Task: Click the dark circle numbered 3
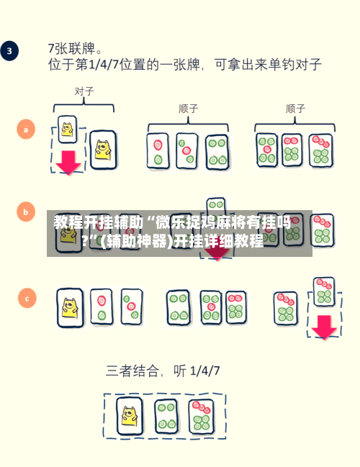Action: (x=9, y=50)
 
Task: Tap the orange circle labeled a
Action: (x=26, y=130)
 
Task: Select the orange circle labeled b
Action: (x=26, y=212)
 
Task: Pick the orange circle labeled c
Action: (x=27, y=298)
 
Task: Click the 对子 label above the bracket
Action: (x=84, y=91)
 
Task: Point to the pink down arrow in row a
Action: (x=68, y=163)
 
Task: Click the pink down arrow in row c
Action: (x=324, y=327)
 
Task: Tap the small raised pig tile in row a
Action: (x=68, y=130)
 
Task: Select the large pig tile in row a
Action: (x=103, y=150)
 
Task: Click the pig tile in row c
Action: (x=70, y=307)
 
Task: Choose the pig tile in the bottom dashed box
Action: (x=130, y=415)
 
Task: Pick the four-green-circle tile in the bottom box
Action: (x=166, y=416)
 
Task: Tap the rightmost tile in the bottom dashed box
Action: (x=201, y=417)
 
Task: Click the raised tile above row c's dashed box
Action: (x=324, y=291)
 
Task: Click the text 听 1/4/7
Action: (x=197, y=371)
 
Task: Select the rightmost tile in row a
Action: (x=320, y=150)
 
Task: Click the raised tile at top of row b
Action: (x=216, y=207)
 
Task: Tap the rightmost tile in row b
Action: (x=323, y=230)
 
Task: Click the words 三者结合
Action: (x=132, y=371)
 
